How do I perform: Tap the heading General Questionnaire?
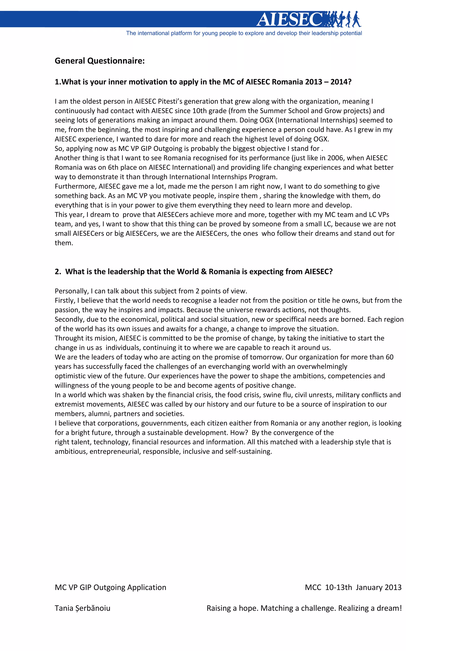point(100,61)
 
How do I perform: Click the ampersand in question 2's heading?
point(203,272)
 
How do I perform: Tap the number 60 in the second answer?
point(389,357)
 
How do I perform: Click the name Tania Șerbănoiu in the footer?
point(82,608)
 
